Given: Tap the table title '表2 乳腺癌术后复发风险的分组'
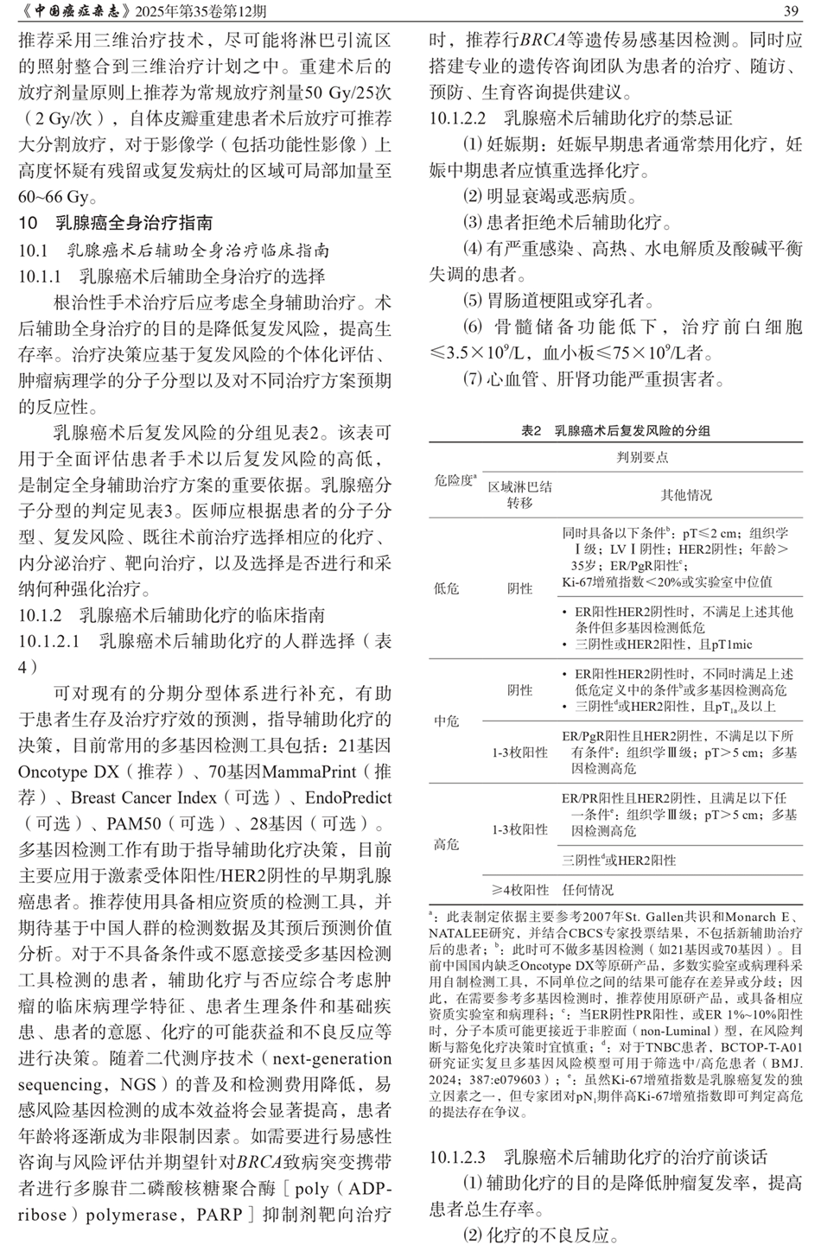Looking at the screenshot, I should [x=615, y=430].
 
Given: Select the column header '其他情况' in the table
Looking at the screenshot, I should [x=686, y=495].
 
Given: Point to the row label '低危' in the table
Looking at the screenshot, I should [x=446, y=588].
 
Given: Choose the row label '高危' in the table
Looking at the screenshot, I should [x=446, y=844].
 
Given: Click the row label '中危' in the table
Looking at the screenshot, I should [x=446, y=720].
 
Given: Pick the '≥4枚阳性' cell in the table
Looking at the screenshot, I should [x=520, y=889].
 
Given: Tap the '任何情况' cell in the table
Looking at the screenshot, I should [x=588, y=889].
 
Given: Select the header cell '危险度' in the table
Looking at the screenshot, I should [x=455, y=479].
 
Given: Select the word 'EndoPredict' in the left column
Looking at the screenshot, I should [x=347, y=797].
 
